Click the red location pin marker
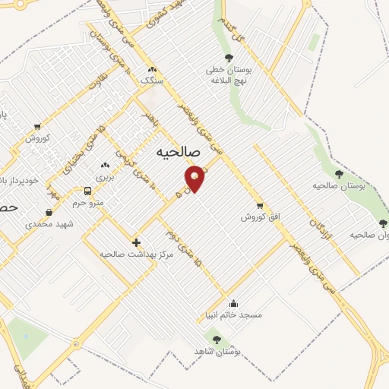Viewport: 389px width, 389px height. (x=195, y=178)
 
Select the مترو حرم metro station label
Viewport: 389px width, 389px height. (x=87, y=203)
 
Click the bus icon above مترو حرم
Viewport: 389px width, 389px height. (x=88, y=191)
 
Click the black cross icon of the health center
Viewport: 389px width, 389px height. (x=136, y=242)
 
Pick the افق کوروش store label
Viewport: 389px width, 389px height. (x=261, y=217)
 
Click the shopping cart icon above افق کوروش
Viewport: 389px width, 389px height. (x=261, y=205)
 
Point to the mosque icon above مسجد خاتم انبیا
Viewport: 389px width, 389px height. (x=233, y=302)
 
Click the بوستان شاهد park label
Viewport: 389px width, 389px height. (x=217, y=352)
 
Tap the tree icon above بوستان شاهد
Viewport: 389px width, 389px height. (x=217, y=340)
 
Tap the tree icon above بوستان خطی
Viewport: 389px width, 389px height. (x=229, y=58)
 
